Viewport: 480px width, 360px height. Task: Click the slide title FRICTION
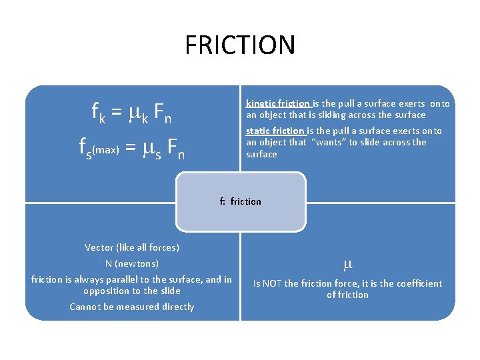click(x=240, y=45)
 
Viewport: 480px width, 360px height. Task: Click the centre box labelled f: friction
click(x=241, y=201)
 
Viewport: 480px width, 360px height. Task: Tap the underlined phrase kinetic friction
click(x=278, y=103)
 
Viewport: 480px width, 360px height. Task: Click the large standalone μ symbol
click(x=347, y=265)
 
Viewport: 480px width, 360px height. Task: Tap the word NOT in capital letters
click(x=271, y=283)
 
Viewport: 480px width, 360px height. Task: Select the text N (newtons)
click(x=132, y=263)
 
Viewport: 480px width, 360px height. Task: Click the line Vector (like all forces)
click(x=132, y=247)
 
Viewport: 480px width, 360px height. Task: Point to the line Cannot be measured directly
click(x=132, y=307)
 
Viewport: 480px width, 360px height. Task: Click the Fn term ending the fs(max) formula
click(x=175, y=147)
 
